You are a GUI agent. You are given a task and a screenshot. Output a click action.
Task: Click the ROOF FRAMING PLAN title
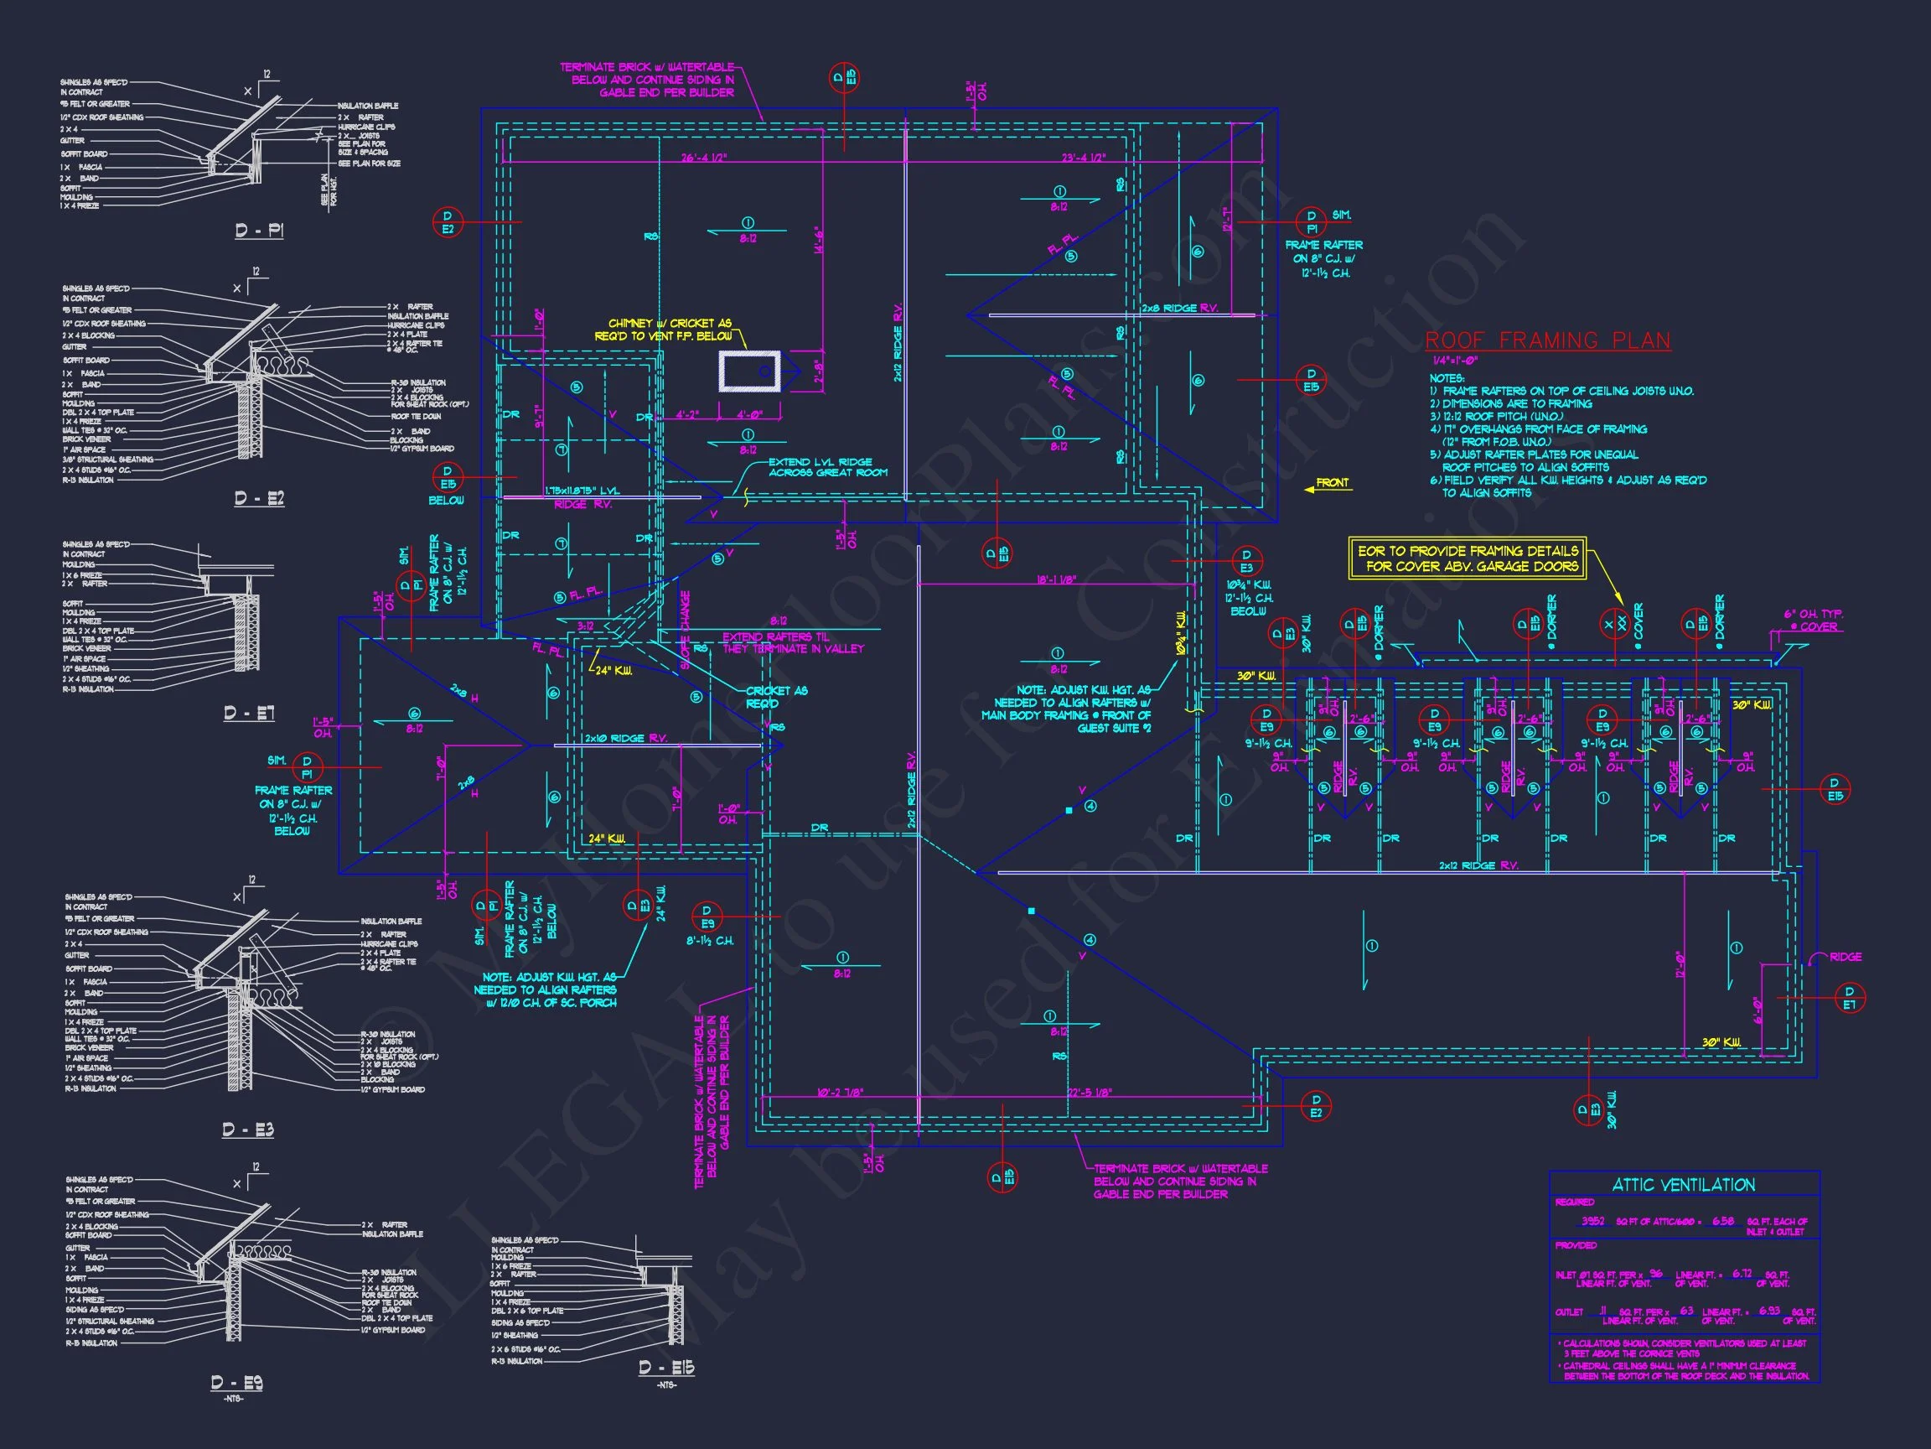click(1547, 340)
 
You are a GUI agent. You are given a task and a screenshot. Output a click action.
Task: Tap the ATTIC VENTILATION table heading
click(1683, 1185)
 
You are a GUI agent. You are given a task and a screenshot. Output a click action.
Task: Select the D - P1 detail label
click(259, 231)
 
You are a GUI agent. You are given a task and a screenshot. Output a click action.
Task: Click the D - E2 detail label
click(259, 498)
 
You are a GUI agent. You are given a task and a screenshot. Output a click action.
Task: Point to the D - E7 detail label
click(250, 713)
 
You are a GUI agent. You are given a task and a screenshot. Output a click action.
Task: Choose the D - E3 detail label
click(248, 1130)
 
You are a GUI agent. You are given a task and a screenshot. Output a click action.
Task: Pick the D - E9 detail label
click(236, 1383)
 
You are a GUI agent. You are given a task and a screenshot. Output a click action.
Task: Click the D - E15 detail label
click(666, 1368)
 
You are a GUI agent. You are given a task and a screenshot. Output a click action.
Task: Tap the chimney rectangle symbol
click(749, 371)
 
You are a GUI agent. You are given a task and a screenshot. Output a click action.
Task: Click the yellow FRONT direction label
click(1332, 483)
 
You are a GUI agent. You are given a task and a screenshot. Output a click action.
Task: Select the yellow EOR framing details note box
click(1468, 558)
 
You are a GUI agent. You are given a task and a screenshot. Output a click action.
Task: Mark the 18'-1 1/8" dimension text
click(1056, 579)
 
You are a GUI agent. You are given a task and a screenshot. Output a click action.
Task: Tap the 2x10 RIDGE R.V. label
click(625, 738)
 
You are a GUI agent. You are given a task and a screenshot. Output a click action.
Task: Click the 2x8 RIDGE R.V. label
click(1178, 309)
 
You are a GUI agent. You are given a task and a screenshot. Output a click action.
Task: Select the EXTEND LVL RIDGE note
click(827, 467)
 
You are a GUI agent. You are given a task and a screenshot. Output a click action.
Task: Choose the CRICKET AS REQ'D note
click(776, 696)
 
